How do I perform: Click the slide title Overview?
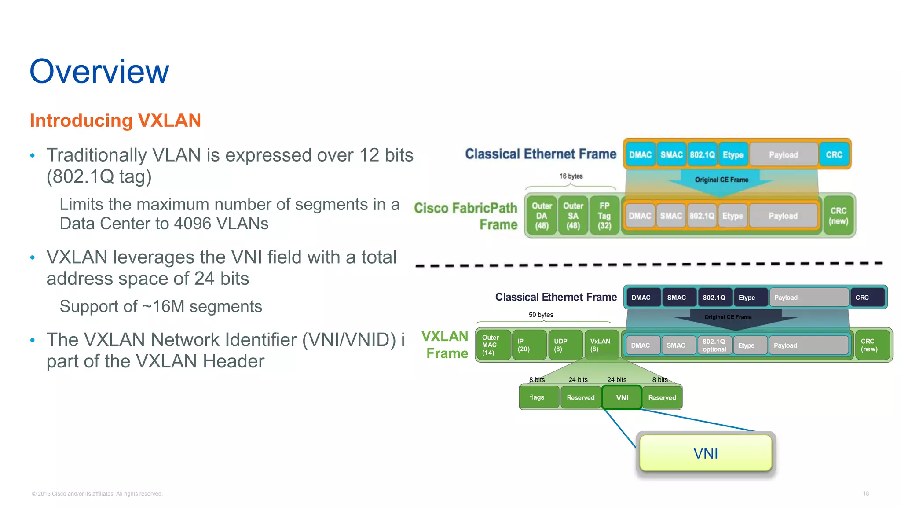tap(99, 71)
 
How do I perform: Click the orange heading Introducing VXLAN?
tap(115, 121)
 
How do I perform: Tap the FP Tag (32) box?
tap(604, 216)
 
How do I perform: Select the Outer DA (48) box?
tap(542, 216)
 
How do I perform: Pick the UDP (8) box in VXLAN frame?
tap(565, 345)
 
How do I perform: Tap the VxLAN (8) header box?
tap(601, 345)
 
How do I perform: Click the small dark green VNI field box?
tap(622, 397)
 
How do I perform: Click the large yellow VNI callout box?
tap(705, 453)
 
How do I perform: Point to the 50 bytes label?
tap(541, 315)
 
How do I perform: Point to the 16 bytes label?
tap(571, 176)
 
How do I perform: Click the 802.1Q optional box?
tap(714, 345)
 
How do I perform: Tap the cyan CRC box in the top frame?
tap(834, 155)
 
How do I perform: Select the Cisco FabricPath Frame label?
tap(466, 216)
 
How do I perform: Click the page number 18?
tap(865, 493)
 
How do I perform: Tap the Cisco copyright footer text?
tap(97, 494)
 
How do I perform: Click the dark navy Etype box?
tap(750, 298)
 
